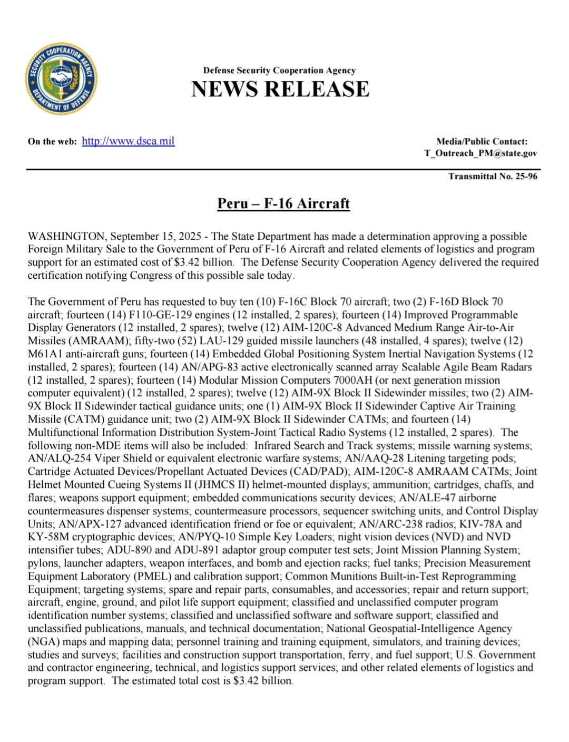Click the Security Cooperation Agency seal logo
[x=61, y=80]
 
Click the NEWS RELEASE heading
[x=280, y=89]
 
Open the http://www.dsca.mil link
[x=128, y=141]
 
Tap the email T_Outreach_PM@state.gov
[x=480, y=153]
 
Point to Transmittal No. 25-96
[x=493, y=176]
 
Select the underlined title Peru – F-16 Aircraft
[x=283, y=203]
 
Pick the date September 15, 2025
[x=152, y=236]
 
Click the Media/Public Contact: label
[x=482, y=141]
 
